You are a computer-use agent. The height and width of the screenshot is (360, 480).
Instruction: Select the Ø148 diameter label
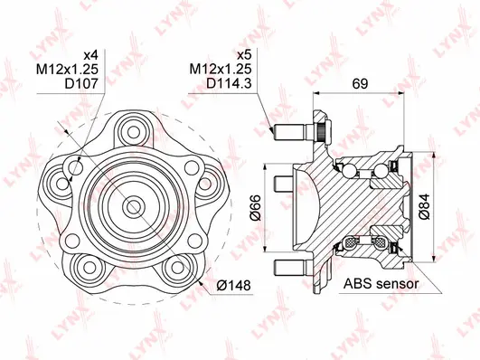[233, 286]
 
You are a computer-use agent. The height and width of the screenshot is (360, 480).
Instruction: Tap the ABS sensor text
[381, 283]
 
